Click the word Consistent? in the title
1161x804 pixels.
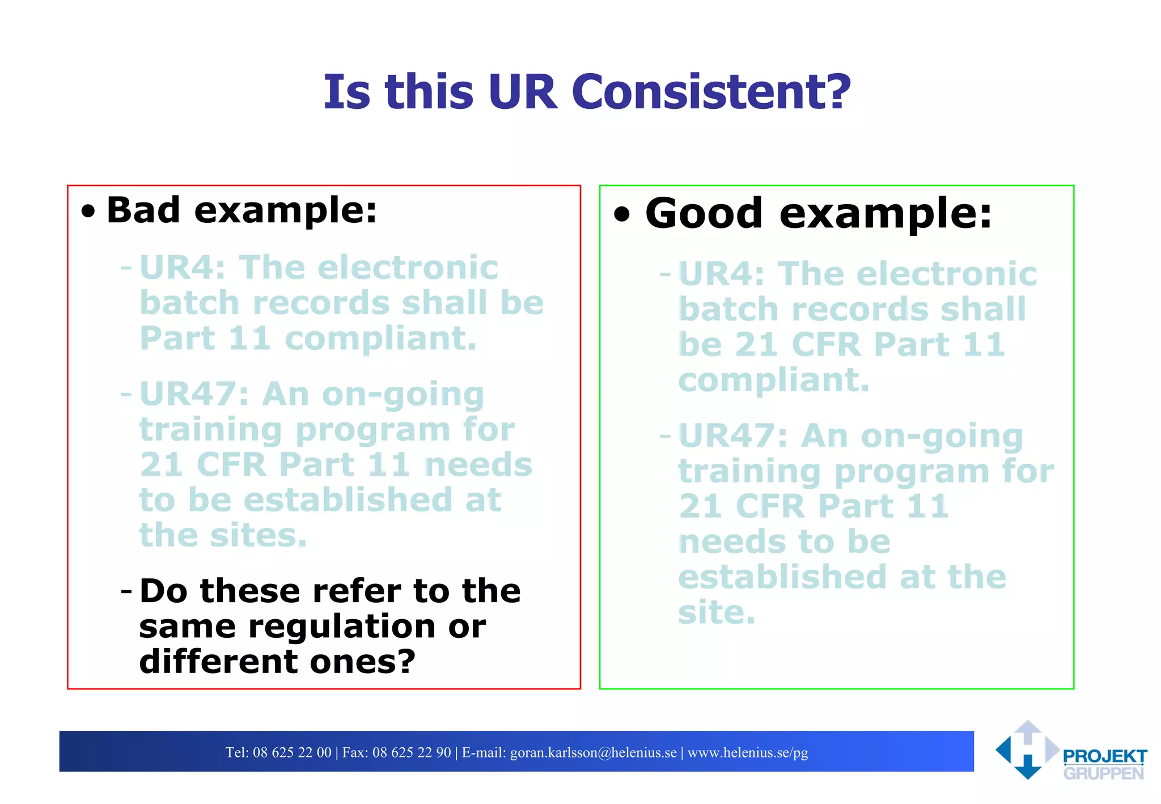(x=711, y=92)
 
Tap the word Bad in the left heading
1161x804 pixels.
(x=143, y=210)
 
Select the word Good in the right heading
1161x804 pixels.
(x=704, y=214)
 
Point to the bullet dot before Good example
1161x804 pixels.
(x=622, y=215)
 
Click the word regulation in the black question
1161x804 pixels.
(x=342, y=627)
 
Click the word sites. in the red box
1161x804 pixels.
(x=258, y=535)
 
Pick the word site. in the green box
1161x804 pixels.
(x=717, y=612)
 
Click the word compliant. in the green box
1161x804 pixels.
(x=773, y=380)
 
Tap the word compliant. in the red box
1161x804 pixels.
(x=380, y=339)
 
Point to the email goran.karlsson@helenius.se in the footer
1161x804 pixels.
(x=594, y=752)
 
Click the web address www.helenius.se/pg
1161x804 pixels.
(x=748, y=752)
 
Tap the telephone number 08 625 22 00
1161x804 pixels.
(x=292, y=752)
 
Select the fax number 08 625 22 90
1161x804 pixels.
(x=412, y=752)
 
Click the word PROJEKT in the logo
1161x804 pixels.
(x=1104, y=756)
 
